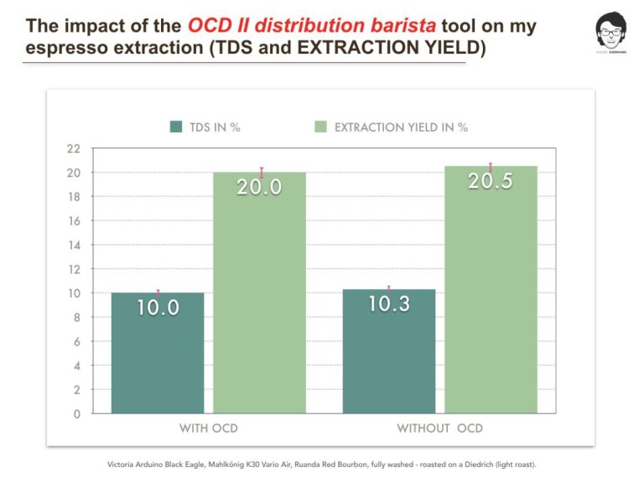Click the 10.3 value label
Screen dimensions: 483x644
pyautogui.click(x=389, y=304)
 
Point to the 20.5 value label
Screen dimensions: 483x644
pyautogui.click(x=491, y=180)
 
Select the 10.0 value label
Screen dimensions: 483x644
pyautogui.click(x=158, y=308)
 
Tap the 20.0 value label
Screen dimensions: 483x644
pyautogui.click(x=259, y=187)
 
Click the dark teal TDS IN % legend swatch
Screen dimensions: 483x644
pyautogui.click(x=176, y=127)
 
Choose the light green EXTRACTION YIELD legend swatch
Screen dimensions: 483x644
pyautogui.click(x=320, y=127)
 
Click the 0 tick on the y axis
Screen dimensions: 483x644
pyautogui.click(x=77, y=413)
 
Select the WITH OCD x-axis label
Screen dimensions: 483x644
pyautogui.click(x=209, y=428)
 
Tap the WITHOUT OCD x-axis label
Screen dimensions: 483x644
pyautogui.click(x=439, y=428)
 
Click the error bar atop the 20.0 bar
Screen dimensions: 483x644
pyautogui.click(x=262, y=173)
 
